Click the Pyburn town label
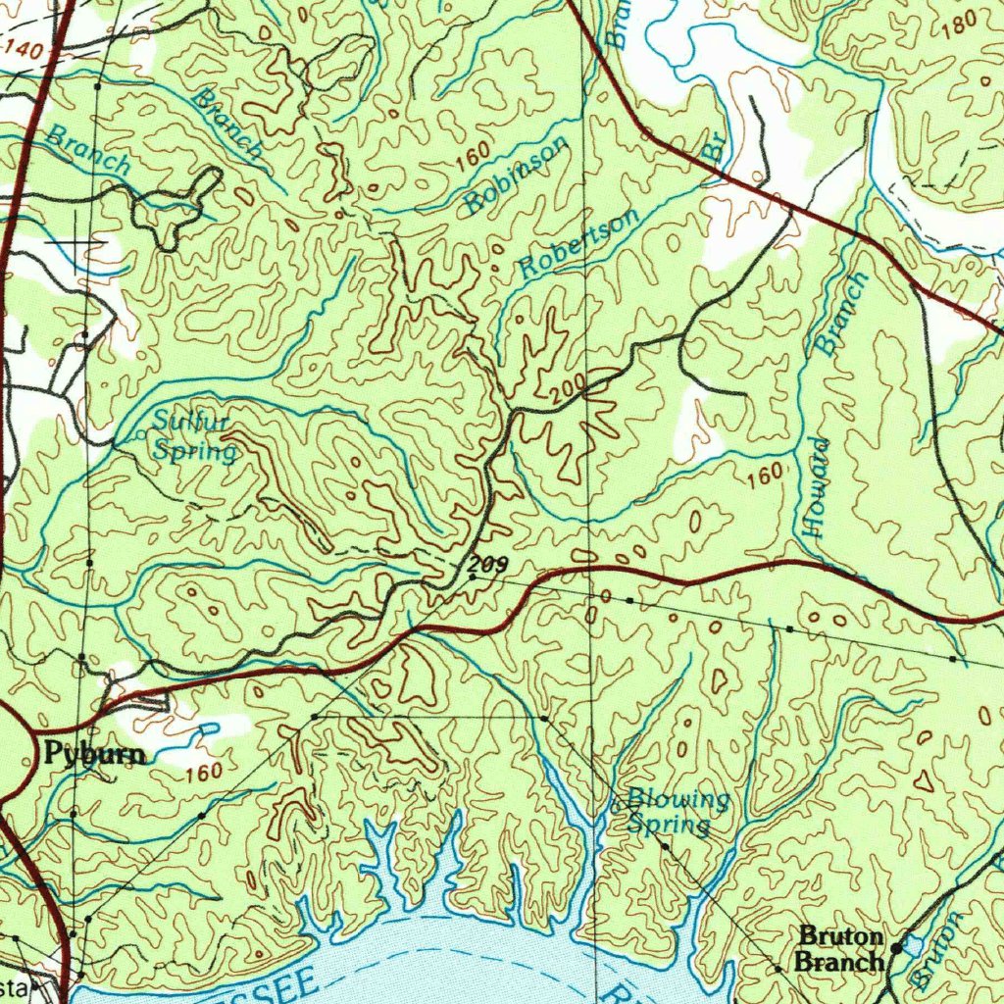(x=94, y=754)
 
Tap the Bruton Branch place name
(x=841, y=948)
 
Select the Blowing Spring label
(x=677, y=811)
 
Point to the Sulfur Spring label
(x=194, y=437)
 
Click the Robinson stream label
(x=517, y=175)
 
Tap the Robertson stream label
(x=578, y=243)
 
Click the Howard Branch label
(x=831, y=402)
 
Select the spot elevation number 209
(x=487, y=565)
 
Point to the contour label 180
(x=961, y=21)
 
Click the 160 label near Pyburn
(x=203, y=772)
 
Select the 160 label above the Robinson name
(x=473, y=155)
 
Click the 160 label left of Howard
(x=765, y=476)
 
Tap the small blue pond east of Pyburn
(x=208, y=730)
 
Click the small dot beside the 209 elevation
(x=473, y=578)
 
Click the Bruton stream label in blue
(x=939, y=949)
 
